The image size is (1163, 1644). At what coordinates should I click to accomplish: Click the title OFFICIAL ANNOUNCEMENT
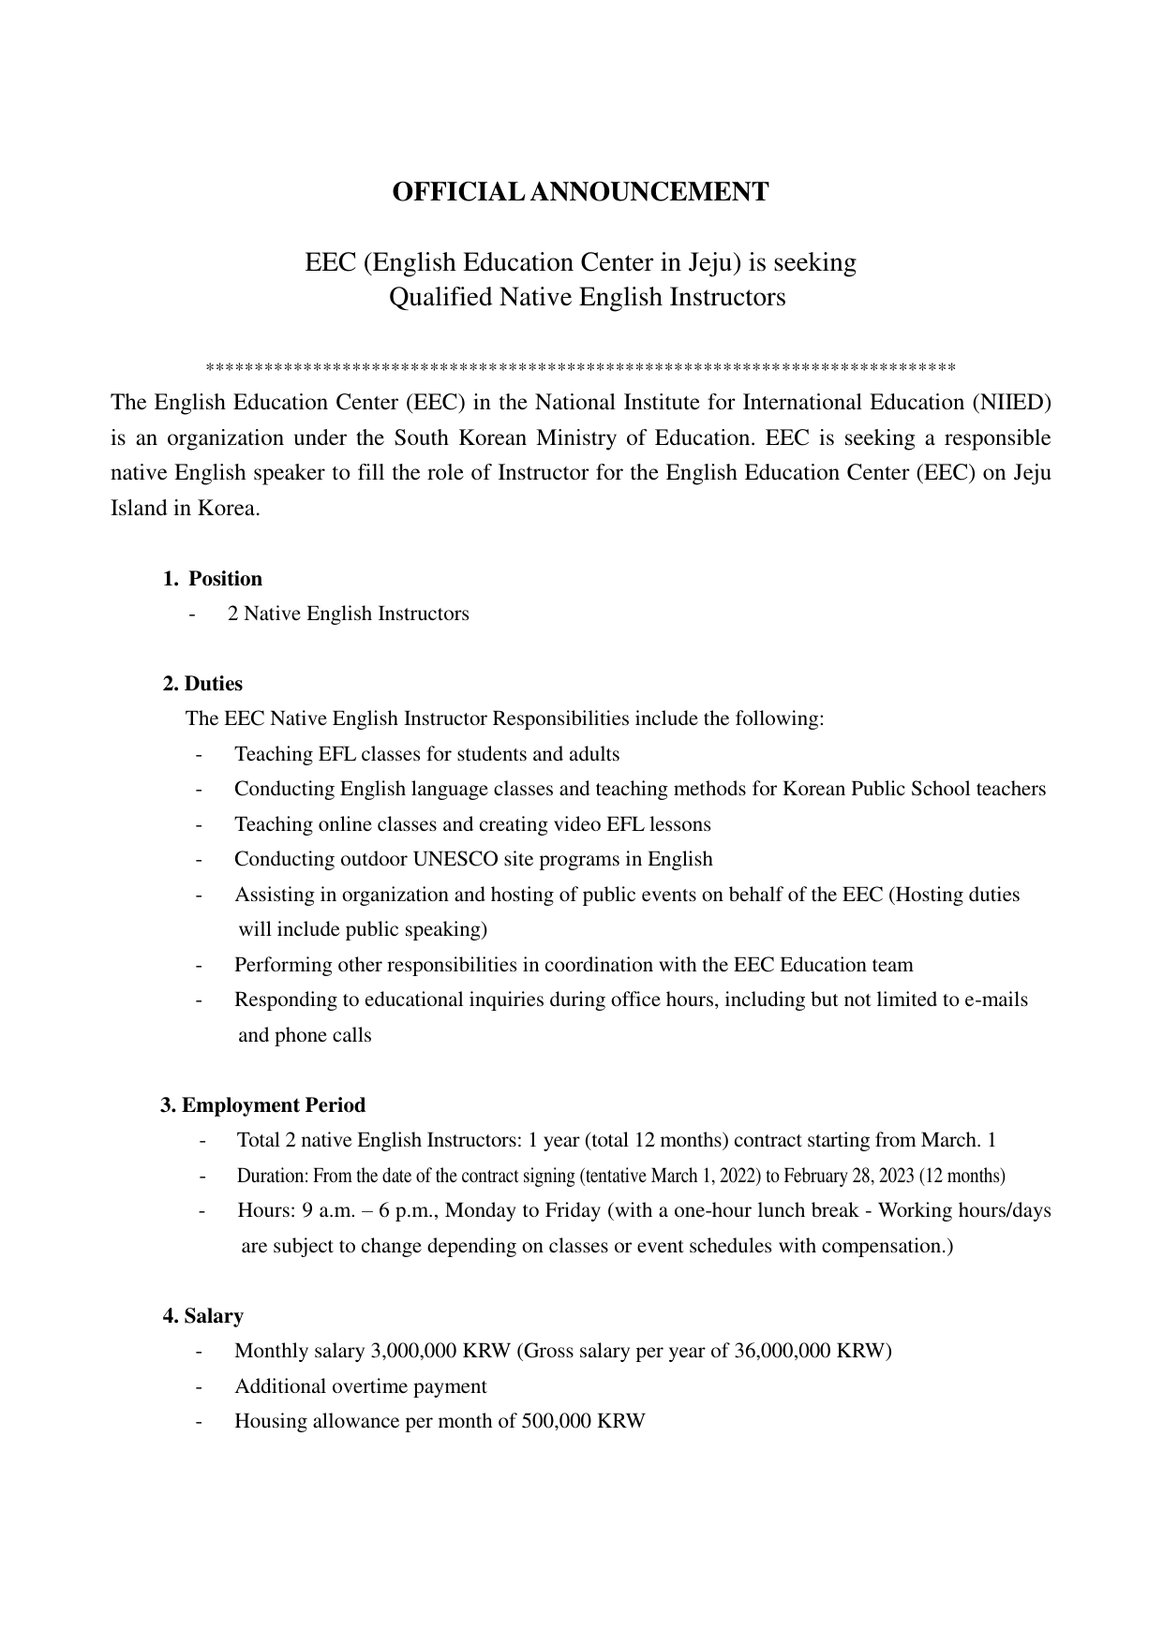pyautogui.click(x=580, y=192)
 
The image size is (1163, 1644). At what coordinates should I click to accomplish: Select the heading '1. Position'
pyautogui.click(x=213, y=579)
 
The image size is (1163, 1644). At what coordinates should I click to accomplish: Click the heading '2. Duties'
pyautogui.click(x=202, y=684)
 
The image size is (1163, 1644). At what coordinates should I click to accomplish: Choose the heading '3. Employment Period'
pyautogui.click(x=263, y=1105)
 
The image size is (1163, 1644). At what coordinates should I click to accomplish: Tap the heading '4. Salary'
pyautogui.click(x=203, y=1316)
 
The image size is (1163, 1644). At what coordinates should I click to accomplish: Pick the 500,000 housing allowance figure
pyautogui.click(x=557, y=1421)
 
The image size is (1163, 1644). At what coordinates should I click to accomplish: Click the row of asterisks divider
pyautogui.click(x=580, y=367)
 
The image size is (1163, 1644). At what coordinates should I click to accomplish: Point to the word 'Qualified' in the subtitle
pyautogui.click(x=440, y=298)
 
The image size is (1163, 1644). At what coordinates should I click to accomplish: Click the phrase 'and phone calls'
pyautogui.click(x=305, y=1035)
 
